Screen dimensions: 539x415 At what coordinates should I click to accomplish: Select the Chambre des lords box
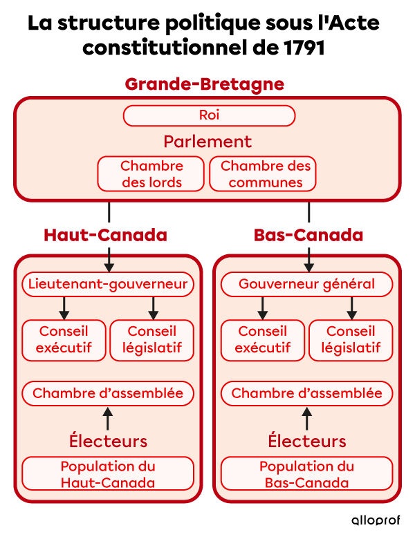[151, 174]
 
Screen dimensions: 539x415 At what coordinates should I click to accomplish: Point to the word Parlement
[207, 142]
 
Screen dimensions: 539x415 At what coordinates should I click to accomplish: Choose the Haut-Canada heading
[105, 235]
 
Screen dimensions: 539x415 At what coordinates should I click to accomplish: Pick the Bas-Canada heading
[308, 235]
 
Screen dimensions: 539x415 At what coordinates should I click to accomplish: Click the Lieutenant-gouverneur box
[107, 284]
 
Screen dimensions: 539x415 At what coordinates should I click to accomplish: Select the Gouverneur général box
[306, 284]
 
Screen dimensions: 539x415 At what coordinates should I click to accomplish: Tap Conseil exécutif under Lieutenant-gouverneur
[64, 339]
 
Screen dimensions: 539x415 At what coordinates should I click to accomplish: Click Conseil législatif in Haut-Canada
[152, 339]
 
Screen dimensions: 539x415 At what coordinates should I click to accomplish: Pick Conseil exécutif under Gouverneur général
[263, 339]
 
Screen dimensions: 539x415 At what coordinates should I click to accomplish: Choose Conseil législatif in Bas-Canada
[351, 339]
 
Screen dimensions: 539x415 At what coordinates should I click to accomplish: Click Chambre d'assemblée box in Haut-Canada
[107, 393]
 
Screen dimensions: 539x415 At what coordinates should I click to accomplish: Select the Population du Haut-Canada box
[107, 474]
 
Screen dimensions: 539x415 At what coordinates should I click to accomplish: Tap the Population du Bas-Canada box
[306, 474]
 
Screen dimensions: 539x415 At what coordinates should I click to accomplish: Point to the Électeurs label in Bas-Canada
[306, 440]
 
